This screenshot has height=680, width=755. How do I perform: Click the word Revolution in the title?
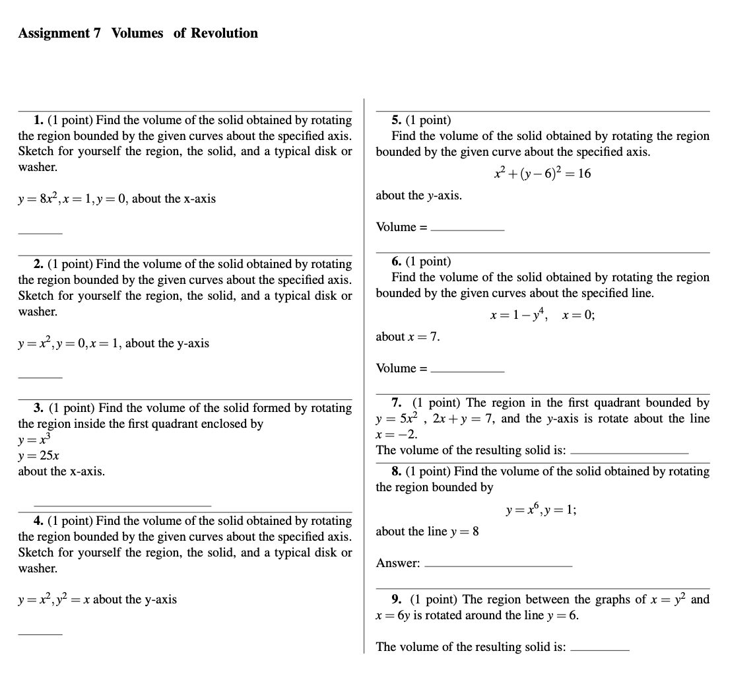[224, 33]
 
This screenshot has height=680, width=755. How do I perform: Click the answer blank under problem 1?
[40, 233]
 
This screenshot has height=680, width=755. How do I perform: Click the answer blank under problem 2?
[40, 377]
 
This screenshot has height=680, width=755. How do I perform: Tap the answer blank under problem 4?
[40, 634]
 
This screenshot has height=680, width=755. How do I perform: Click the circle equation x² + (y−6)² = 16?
[542, 174]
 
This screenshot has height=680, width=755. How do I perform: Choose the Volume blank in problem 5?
[467, 229]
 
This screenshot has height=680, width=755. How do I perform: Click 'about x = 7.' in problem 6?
[407, 337]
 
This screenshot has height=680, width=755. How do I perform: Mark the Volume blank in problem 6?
[467, 370]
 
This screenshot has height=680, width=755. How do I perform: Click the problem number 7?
[396, 403]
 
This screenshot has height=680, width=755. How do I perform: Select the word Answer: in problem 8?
[398, 563]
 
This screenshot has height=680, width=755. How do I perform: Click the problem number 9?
[396, 599]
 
